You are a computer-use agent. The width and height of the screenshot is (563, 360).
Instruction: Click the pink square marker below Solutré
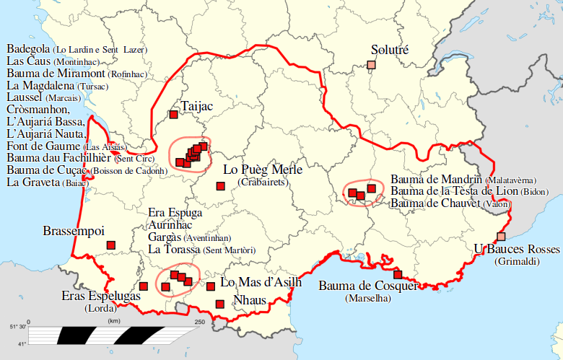pos(371,66)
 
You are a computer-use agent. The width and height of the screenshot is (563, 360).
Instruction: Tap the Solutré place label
pos(389,50)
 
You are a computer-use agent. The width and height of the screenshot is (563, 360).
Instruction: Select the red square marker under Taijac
pos(173,114)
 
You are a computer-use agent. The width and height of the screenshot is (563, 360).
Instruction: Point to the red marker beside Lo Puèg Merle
pos(220,187)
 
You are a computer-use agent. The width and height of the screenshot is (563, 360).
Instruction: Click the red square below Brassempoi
pos(111,246)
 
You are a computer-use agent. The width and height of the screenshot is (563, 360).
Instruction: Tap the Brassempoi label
pos(74,232)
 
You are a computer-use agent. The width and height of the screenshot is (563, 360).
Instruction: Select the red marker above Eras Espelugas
pos(143,286)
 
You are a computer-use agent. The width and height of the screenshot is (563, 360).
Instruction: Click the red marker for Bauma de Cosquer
pos(397,274)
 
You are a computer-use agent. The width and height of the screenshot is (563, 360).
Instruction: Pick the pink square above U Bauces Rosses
pos(501,237)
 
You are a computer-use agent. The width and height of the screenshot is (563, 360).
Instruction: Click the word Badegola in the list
pos(28,49)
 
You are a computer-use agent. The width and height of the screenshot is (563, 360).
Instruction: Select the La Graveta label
pos(33,183)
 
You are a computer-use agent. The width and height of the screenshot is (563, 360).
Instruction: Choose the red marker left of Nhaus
pos(220,304)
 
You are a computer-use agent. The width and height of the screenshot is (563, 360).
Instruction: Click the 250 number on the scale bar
pos(199,322)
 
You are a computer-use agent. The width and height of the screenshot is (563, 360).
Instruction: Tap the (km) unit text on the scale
pos(113,321)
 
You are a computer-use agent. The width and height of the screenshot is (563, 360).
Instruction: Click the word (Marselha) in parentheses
pos(368,298)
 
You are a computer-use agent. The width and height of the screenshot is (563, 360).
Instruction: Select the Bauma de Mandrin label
pos(437,178)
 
